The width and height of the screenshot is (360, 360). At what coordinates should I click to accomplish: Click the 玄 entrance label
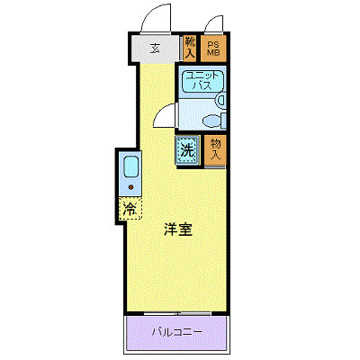(x=156, y=49)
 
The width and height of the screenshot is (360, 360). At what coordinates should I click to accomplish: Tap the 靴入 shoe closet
(x=190, y=48)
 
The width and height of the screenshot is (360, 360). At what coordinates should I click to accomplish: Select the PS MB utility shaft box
(x=214, y=48)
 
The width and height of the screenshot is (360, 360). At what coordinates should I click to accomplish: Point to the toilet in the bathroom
(x=216, y=118)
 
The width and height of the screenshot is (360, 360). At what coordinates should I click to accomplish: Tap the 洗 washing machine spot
(x=187, y=151)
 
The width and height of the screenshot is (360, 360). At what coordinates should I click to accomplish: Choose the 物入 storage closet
(x=215, y=149)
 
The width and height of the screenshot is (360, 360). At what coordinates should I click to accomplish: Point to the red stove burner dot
(x=130, y=186)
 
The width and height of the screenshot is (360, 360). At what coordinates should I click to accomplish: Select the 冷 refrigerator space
(x=130, y=209)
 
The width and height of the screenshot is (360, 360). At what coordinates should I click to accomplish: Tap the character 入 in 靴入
(x=190, y=53)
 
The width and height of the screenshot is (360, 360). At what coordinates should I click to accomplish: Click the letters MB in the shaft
(x=214, y=53)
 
